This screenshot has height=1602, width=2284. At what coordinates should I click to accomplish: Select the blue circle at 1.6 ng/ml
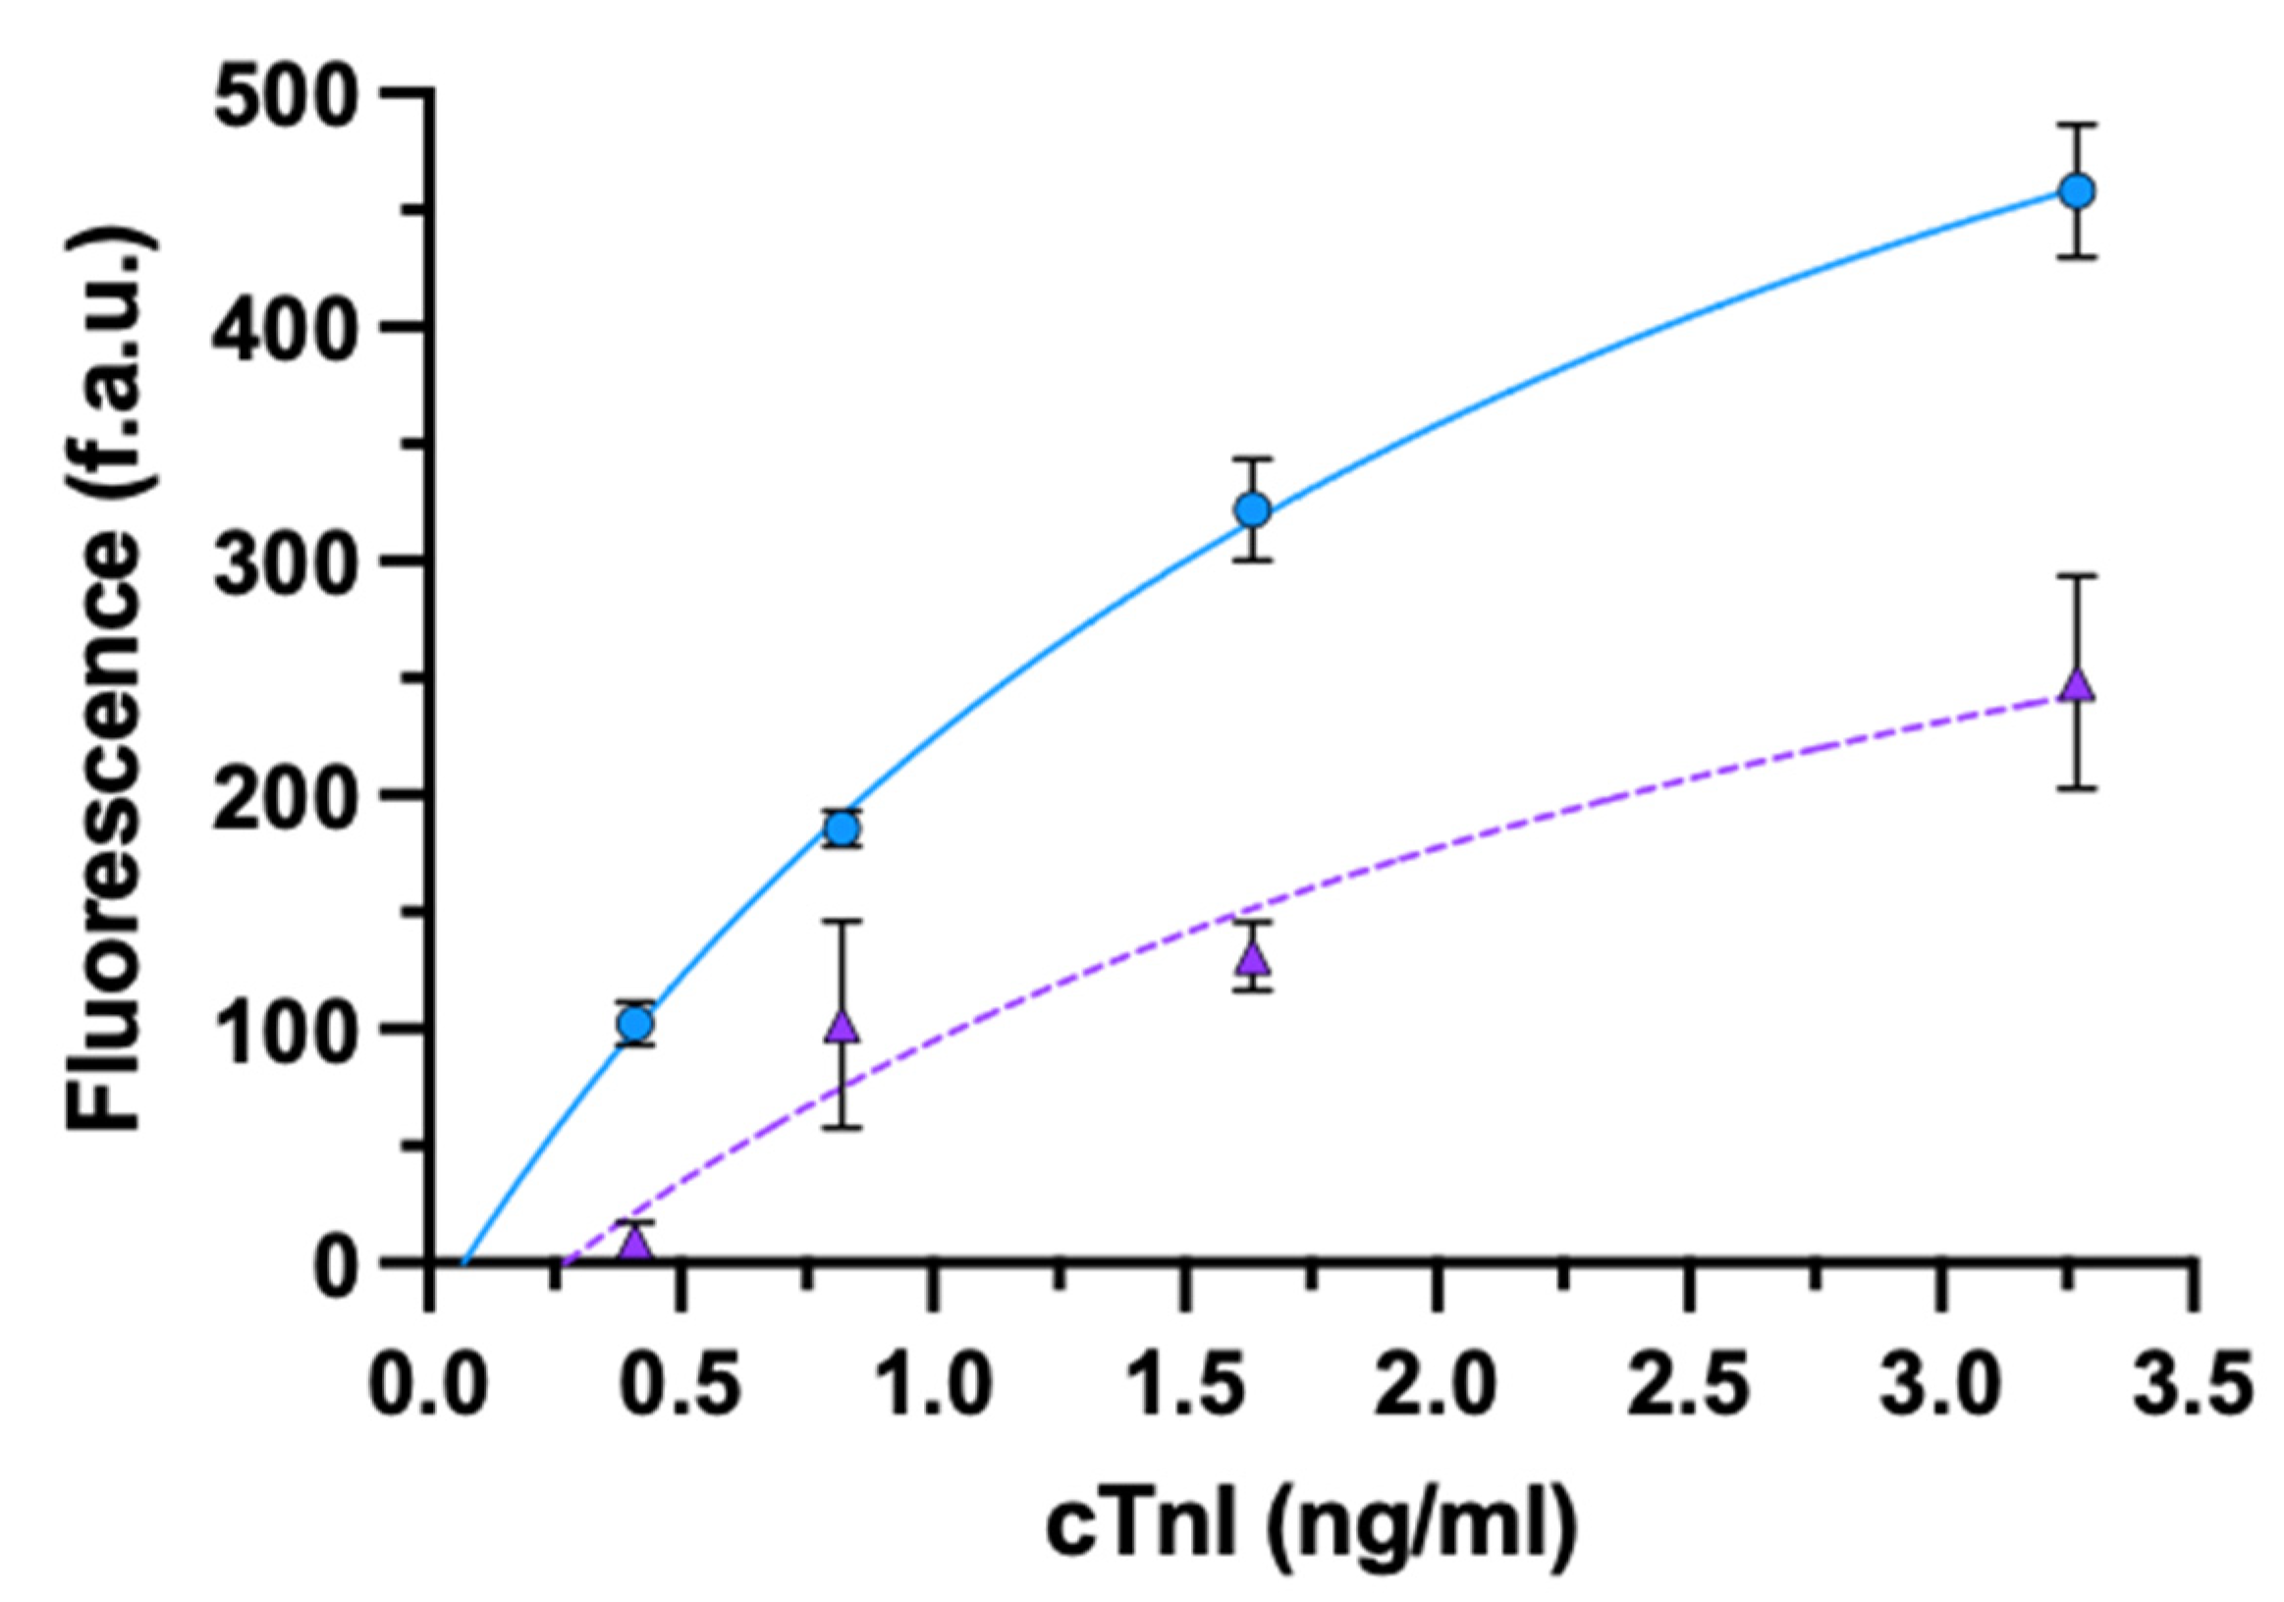pos(1254,510)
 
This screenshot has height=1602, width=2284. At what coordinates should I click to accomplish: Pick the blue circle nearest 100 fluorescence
pos(635,1022)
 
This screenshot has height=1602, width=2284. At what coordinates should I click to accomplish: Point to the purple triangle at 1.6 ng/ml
pos(1254,958)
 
